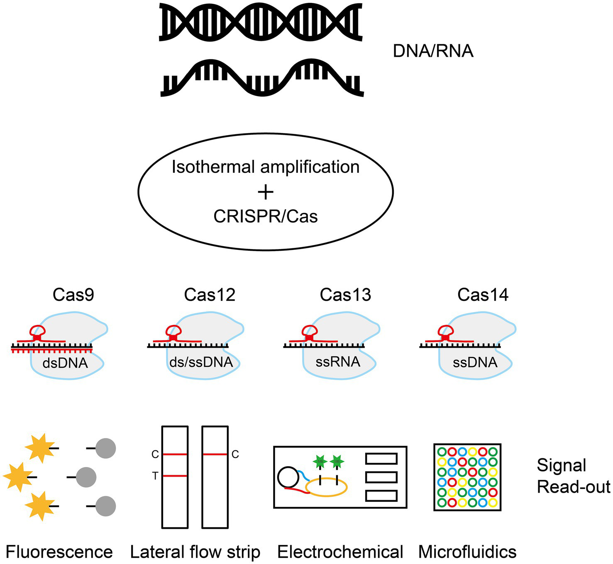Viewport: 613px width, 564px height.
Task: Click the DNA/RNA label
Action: point(433,51)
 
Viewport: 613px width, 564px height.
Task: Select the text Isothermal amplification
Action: point(266,167)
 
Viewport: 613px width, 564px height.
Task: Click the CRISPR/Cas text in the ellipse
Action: point(266,216)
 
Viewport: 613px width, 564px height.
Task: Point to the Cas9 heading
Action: point(73,295)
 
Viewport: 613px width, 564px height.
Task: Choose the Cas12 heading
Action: point(210,295)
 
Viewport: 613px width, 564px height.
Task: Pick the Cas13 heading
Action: point(345,295)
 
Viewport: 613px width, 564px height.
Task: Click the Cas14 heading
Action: point(483,295)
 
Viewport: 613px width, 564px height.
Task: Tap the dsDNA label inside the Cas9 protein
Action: point(65,363)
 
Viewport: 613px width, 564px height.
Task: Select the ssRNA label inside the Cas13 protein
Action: point(338,362)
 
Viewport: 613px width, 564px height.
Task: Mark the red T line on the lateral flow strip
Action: point(175,476)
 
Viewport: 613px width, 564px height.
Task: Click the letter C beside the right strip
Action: point(235,455)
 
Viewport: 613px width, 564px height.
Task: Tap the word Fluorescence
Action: point(59,552)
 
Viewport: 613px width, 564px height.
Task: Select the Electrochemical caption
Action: point(340,552)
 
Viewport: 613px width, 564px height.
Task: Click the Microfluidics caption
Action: point(467,552)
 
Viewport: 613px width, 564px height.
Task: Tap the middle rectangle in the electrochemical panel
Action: point(381,477)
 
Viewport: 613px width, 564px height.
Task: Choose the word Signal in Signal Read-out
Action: point(561,465)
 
